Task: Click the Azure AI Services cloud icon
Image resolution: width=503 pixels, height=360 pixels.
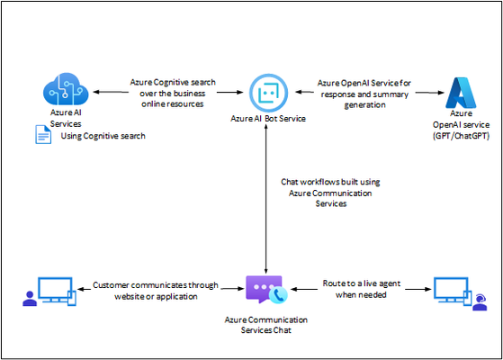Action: [x=66, y=89]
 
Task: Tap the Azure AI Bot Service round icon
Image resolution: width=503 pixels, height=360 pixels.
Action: [x=268, y=93]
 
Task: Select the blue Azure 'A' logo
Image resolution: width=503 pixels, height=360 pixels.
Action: [x=461, y=93]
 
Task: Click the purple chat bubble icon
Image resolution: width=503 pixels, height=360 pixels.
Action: [x=264, y=289]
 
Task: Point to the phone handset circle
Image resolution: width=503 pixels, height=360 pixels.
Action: [x=278, y=295]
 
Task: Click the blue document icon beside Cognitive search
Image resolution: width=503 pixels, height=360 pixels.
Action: [x=43, y=134]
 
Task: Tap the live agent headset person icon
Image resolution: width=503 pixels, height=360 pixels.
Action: [x=480, y=302]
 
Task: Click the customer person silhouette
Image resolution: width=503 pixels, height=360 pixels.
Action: [x=30, y=299]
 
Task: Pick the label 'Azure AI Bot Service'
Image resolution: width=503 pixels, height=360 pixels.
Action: [x=268, y=119]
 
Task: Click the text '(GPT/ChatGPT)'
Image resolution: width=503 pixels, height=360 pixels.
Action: [x=461, y=136]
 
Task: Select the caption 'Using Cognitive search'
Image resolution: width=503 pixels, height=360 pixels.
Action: [x=103, y=136]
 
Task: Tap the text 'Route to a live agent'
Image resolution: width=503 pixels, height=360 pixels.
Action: [x=361, y=283]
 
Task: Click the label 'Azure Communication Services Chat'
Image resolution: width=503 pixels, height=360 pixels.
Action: [x=266, y=325]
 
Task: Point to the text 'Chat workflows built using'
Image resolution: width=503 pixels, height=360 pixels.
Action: [x=330, y=182]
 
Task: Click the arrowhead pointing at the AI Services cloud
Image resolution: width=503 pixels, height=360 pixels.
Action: [x=96, y=92]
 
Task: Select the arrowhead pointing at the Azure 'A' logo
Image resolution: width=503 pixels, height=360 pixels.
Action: [x=441, y=93]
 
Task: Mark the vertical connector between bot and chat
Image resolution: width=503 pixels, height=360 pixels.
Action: [x=266, y=199]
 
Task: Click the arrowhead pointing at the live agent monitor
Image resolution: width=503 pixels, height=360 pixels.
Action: [x=428, y=289]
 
